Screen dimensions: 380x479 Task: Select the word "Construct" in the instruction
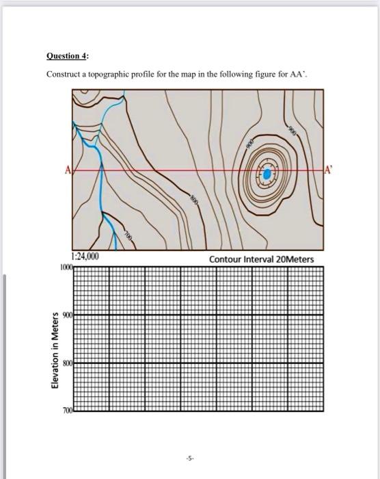tap(64, 75)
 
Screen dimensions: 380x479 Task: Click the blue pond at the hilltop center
tap(265, 175)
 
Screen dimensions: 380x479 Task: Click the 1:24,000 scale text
tap(85, 257)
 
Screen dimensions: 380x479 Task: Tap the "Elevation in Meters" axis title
tap(49, 350)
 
